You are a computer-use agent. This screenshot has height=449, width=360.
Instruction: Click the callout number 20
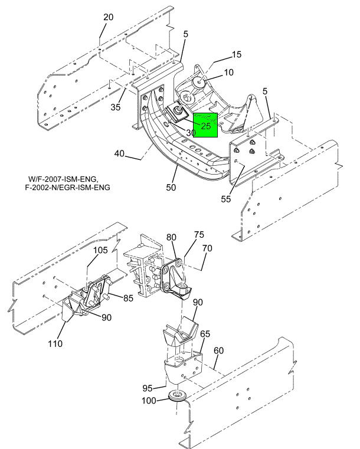click(109, 17)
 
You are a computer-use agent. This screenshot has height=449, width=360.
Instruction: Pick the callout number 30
click(191, 133)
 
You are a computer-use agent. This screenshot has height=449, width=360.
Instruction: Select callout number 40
click(120, 153)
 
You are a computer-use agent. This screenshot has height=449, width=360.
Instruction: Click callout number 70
click(207, 248)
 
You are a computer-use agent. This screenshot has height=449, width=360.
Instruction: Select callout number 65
click(205, 334)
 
